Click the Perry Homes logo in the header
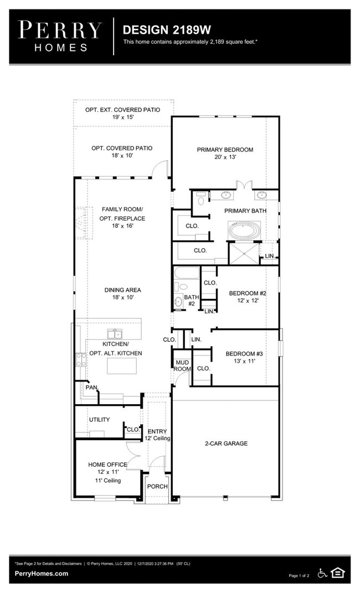60,37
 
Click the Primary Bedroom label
225,149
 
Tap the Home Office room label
107,465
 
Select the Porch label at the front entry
157,486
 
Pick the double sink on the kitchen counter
115,334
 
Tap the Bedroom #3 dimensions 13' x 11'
244,361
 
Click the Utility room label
99,420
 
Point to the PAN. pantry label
90,388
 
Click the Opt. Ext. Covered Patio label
122,110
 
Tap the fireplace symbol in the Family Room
81,221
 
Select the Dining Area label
122,290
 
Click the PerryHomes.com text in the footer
42,574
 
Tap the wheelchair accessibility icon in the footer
322,573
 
